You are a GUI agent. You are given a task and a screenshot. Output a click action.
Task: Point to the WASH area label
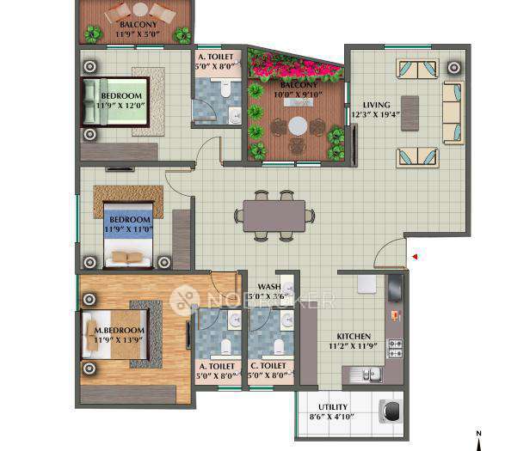click(268, 288)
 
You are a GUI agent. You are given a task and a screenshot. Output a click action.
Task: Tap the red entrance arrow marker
click(414, 256)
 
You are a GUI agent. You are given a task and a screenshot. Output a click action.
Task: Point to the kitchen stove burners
click(396, 348)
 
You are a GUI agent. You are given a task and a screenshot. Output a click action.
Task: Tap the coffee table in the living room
click(410, 112)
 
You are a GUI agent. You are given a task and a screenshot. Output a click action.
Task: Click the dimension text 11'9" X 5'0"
click(138, 35)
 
